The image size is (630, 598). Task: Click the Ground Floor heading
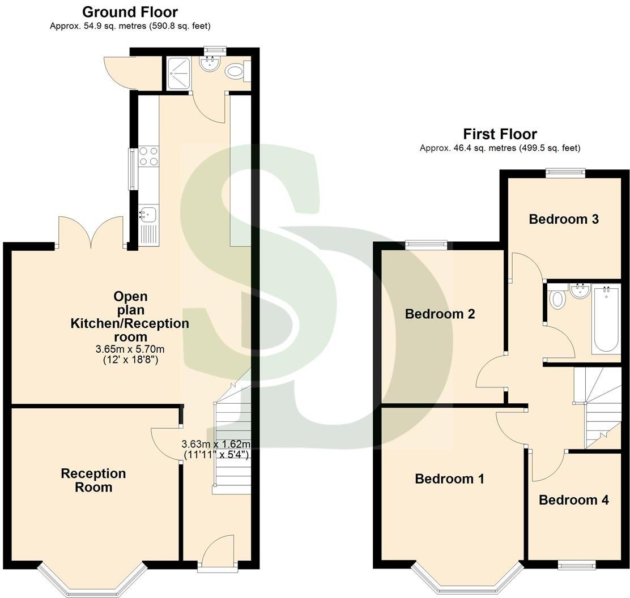tap(130, 12)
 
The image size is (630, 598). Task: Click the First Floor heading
tap(500, 134)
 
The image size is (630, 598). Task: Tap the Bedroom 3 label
tap(563, 219)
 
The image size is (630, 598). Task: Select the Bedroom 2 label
tap(440, 314)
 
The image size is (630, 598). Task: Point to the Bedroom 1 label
tap(449, 479)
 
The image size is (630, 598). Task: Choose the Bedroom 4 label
tap(573, 499)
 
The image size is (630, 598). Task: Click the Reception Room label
tap(93, 480)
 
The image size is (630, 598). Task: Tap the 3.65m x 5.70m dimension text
tap(130, 349)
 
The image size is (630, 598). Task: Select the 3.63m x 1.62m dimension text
tap(216, 444)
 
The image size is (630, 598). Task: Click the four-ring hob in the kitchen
tap(148, 156)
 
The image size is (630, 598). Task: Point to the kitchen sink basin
tap(148, 215)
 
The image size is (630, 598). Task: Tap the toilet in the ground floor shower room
tap(235, 72)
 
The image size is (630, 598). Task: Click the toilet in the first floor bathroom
tap(557, 298)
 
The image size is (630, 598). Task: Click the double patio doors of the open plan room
tap(90, 232)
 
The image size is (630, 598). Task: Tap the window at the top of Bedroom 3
tap(565, 173)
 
